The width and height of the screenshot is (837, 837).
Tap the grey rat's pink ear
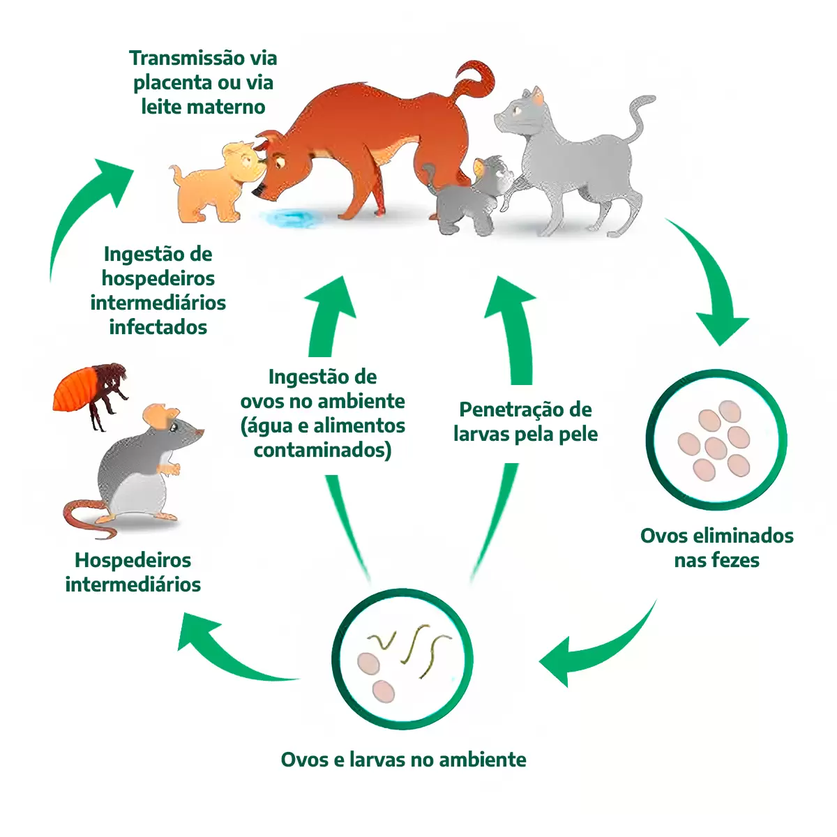[x=161, y=417]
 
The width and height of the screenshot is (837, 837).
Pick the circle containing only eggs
[x=716, y=440]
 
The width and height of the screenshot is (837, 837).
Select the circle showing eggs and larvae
[x=402, y=659]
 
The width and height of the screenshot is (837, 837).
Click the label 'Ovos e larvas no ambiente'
[x=403, y=759]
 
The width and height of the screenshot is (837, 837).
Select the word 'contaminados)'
[x=322, y=450]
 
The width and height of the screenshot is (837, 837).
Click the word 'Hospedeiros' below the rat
[x=133, y=560]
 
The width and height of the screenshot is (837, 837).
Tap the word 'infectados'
[x=158, y=327]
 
